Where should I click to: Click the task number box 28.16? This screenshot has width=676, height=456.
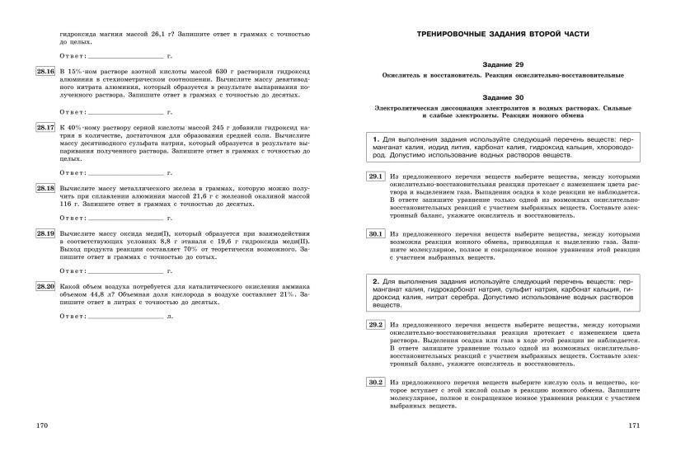point(45,73)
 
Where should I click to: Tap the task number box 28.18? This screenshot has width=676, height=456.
point(45,189)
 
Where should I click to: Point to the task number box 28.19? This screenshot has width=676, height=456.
point(45,234)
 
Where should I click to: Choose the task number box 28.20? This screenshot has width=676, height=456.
point(45,286)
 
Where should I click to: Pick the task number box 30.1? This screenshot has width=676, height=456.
point(376,234)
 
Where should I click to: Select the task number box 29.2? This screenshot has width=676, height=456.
point(376,325)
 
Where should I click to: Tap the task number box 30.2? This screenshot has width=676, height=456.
point(376,383)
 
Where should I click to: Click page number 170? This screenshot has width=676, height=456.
point(43,425)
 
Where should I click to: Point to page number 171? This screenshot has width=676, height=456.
point(634,425)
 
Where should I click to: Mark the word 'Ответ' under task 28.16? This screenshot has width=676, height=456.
point(73,110)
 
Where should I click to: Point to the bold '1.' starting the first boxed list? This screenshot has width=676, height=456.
point(376,138)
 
